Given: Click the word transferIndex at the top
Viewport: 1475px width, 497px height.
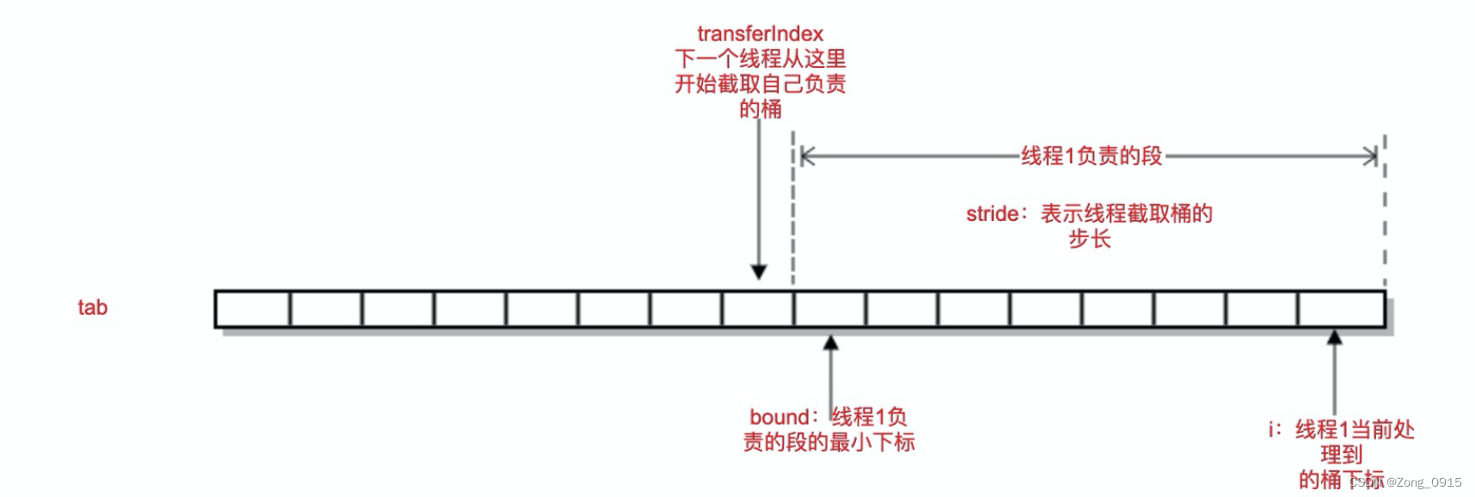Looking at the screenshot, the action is (x=760, y=34).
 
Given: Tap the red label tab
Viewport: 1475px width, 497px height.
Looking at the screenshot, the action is (x=93, y=308).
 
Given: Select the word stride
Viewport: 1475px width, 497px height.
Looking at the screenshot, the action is (x=991, y=214).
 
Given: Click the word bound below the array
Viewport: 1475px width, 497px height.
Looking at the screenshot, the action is (x=778, y=417).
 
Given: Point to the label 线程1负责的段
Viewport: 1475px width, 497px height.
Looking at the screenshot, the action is (x=1091, y=156).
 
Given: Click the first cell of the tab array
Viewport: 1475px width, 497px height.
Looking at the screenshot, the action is (x=253, y=310).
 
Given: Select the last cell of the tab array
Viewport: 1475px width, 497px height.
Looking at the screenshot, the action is (x=1341, y=310).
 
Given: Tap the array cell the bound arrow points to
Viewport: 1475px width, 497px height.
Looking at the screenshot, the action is (x=830, y=310).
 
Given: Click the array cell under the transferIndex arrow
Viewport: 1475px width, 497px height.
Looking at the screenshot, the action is (x=758, y=310).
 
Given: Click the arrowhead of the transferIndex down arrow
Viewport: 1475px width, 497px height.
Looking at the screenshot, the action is (x=758, y=273).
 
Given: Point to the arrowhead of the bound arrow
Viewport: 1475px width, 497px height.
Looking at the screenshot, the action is (x=830, y=343).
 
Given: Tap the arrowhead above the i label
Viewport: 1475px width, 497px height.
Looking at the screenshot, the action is (x=1334, y=338).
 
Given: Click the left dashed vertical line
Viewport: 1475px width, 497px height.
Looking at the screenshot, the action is (x=793, y=215).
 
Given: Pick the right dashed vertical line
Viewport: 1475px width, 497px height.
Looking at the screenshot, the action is (x=1385, y=215).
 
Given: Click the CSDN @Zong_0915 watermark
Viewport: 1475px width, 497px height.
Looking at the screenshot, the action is (x=1406, y=482).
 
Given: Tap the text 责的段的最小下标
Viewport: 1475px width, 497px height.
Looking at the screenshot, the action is (x=829, y=443).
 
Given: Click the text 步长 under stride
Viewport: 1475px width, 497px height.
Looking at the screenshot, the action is (x=1089, y=239).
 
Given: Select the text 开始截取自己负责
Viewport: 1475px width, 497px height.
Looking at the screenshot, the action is (x=760, y=84).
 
